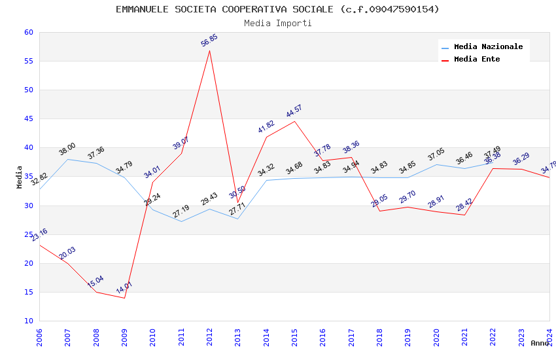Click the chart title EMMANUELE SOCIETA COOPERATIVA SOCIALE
[277, 9]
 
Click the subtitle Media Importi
[277, 23]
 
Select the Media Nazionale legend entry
[488, 46]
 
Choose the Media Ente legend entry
[477, 59]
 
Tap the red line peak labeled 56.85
[209, 50]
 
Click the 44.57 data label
[294, 111]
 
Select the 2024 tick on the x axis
[549, 334]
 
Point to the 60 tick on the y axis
[28, 32]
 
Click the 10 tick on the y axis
[28, 321]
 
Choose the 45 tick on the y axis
[28, 118]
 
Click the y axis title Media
[20, 177]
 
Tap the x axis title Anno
[539, 343]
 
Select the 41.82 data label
[266, 128]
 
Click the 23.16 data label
[39, 236]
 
